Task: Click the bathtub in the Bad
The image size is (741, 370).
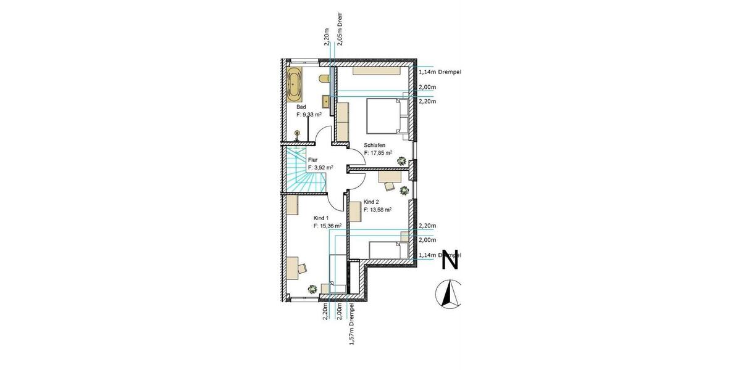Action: point(294,86)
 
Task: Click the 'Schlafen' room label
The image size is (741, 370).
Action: point(375,146)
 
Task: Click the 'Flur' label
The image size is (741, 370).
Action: point(312,160)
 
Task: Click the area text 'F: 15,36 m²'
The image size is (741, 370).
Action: point(327,226)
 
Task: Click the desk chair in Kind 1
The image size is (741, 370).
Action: point(303,267)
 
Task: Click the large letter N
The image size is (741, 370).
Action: point(451,260)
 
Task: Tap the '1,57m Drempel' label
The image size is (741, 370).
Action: point(352,324)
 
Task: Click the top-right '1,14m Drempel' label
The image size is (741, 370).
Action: point(440,72)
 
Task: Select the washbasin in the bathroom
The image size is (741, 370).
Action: point(325,99)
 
